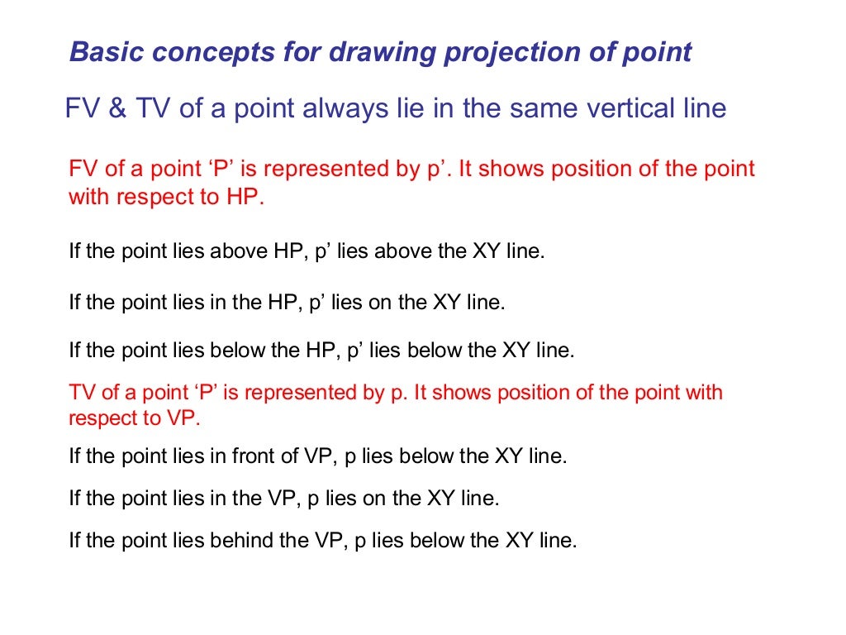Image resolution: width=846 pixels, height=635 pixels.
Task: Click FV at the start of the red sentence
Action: click(x=83, y=169)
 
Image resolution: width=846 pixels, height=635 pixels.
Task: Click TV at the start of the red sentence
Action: click(x=83, y=392)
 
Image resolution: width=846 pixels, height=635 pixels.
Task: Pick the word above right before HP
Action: click(x=240, y=251)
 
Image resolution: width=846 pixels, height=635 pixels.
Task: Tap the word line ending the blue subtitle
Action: click(x=703, y=108)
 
